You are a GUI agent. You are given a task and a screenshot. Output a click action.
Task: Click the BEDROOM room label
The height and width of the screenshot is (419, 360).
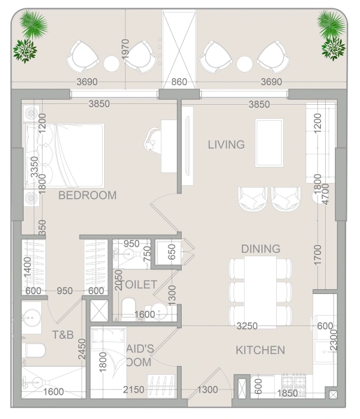coord(87,196)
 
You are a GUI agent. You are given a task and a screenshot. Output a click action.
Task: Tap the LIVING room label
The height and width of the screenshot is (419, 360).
coord(226,145)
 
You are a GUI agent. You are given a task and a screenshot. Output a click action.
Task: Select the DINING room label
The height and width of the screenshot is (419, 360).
coord(260,249)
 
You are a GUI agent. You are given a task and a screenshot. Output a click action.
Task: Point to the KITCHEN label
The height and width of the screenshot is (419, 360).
coord(259,350)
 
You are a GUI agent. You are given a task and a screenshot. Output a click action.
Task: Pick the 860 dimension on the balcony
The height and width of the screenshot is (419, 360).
coord(179,82)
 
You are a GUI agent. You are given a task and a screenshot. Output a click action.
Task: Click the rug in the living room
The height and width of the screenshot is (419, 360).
coord(269,142)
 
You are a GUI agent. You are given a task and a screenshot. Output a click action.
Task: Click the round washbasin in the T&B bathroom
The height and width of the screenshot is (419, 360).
coord(33,319)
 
